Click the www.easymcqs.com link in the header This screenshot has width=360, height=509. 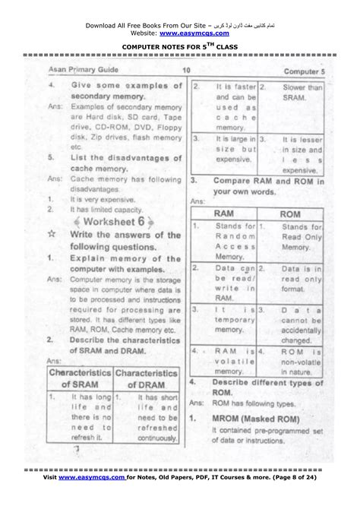point(196,33)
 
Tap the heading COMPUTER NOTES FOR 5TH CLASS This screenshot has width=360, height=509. point(179,47)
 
